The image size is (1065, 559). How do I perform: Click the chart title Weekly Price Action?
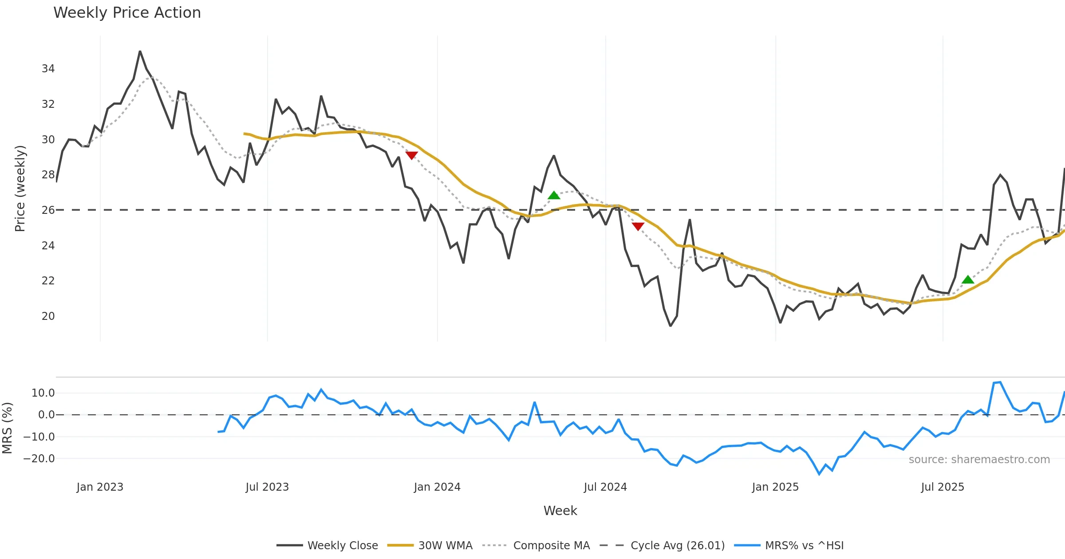[x=127, y=13]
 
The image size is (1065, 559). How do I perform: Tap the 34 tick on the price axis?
[x=48, y=69]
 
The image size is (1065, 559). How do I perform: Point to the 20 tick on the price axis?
[x=48, y=316]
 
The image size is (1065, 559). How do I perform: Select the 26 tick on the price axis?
[x=48, y=210]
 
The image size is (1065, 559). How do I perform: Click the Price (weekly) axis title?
[x=20, y=189]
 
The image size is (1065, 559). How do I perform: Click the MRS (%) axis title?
[x=7, y=428]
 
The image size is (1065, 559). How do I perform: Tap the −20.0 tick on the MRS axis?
[x=39, y=459]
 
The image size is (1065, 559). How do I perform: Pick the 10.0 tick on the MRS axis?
[x=43, y=393]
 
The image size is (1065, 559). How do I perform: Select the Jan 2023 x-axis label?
[x=100, y=487]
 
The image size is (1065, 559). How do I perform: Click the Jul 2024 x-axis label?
[x=605, y=487]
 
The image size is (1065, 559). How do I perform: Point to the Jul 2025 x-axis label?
[x=943, y=487]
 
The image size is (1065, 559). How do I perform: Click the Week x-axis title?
[x=560, y=511]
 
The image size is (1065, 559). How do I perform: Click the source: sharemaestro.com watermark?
[x=979, y=460]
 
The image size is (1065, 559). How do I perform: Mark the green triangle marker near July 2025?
[x=968, y=279]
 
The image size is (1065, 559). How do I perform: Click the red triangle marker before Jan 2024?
[x=412, y=155]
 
